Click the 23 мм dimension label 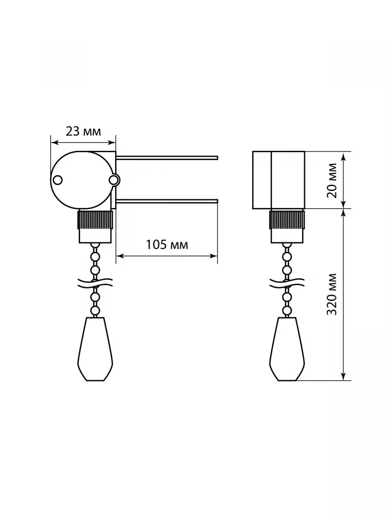[x=83, y=132]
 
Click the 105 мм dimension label [x=167, y=245]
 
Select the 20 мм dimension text [x=332, y=180]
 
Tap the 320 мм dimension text [x=332, y=294]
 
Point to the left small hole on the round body [x=58, y=180]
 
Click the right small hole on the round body [x=114, y=180]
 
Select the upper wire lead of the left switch [x=167, y=158]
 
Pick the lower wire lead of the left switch [x=167, y=201]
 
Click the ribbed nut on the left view [x=95, y=220]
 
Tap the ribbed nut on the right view [x=287, y=220]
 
